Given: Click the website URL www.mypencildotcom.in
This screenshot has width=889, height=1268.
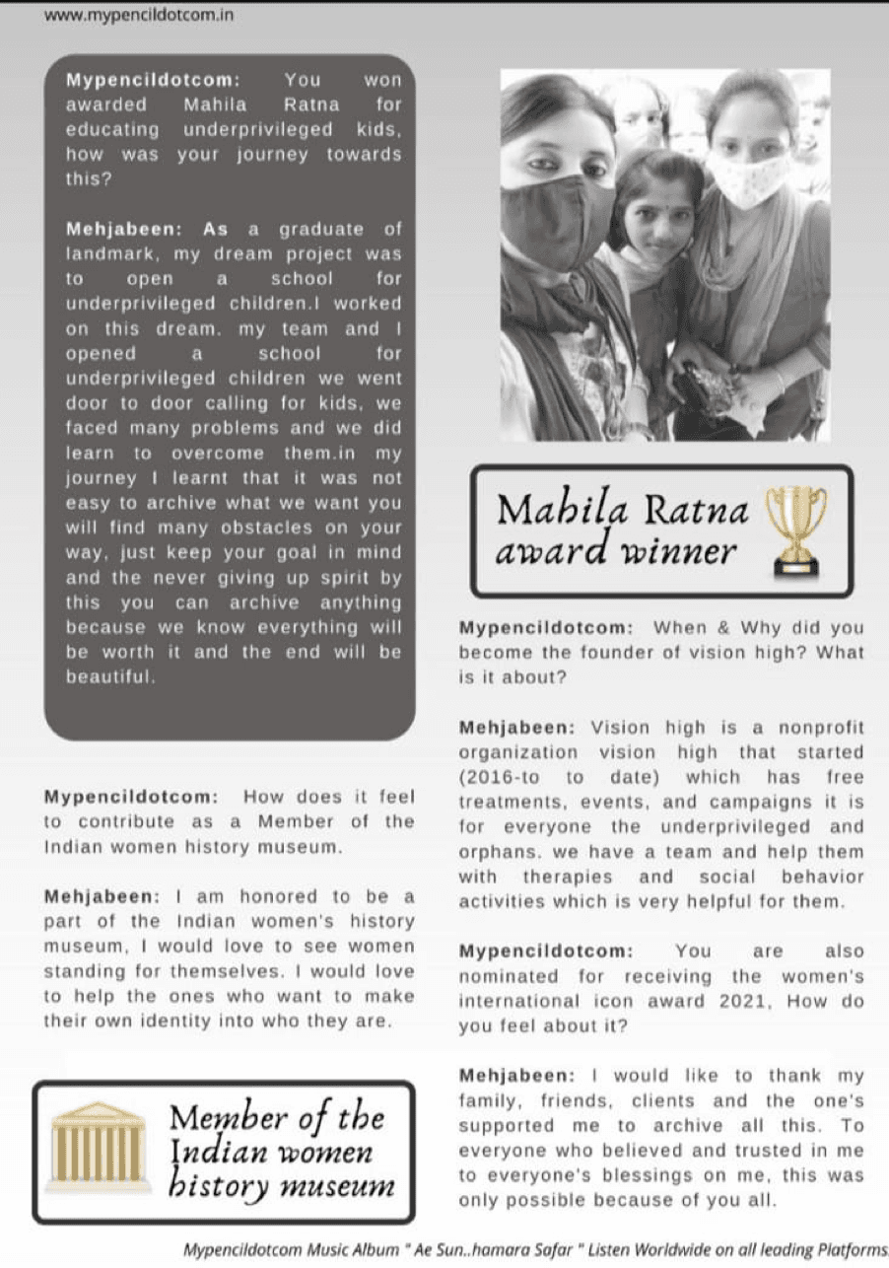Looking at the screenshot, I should pyautogui.click(x=139, y=16).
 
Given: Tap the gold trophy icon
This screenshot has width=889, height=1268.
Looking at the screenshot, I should pyautogui.click(x=798, y=528).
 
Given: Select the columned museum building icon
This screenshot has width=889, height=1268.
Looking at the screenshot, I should pyautogui.click(x=99, y=1148).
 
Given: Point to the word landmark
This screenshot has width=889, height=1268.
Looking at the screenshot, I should pyautogui.click(x=109, y=254).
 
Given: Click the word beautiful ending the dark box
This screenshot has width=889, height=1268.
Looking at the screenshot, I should pyautogui.click(x=109, y=677).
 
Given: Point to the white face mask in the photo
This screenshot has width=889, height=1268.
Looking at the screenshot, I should pyautogui.click(x=747, y=176).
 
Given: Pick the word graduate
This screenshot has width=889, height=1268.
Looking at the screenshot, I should pyautogui.click(x=322, y=230).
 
